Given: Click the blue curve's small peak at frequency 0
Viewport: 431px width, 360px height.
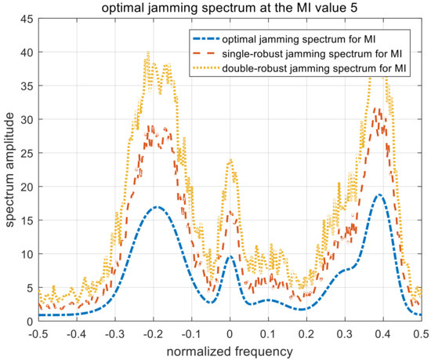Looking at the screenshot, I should coord(230,256).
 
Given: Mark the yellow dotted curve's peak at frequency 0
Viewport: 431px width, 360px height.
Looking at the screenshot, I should coord(230,160).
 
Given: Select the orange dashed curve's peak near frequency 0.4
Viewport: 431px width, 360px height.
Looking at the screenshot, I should coord(378,110).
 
